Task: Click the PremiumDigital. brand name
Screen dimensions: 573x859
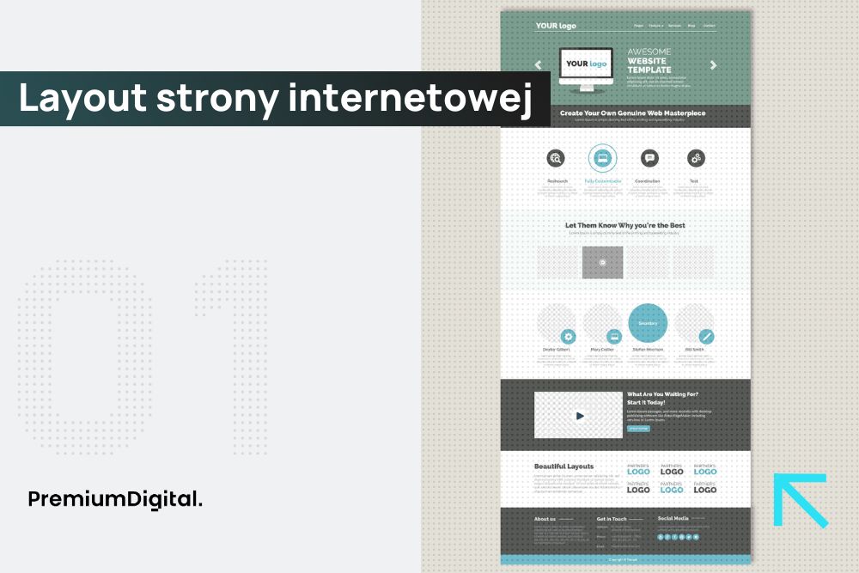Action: click(x=115, y=498)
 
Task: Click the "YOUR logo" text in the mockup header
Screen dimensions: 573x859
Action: click(x=556, y=26)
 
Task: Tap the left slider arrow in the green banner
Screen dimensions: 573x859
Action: click(x=539, y=64)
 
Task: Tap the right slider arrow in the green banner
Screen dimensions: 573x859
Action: click(x=713, y=64)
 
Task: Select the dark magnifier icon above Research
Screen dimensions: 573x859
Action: click(x=556, y=158)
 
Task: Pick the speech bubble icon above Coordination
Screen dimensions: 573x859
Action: click(x=649, y=158)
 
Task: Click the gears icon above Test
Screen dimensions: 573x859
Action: click(x=696, y=158)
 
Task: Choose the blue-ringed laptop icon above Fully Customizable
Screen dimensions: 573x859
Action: click(x=602, y=158)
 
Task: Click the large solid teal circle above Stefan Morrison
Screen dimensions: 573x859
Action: click(x=648, y=323)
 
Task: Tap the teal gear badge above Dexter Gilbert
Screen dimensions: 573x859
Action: click(x=568, y=337)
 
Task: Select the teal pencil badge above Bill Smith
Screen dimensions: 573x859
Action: click(x=706, y=337)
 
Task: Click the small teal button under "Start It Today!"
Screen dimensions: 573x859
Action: click(x=638, y=428)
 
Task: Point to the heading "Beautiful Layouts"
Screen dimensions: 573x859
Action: click(x=564, y=466)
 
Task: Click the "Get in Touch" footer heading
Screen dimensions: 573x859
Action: click(x=612, y=519)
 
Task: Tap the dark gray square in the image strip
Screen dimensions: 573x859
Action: click(x=602, y=262)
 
